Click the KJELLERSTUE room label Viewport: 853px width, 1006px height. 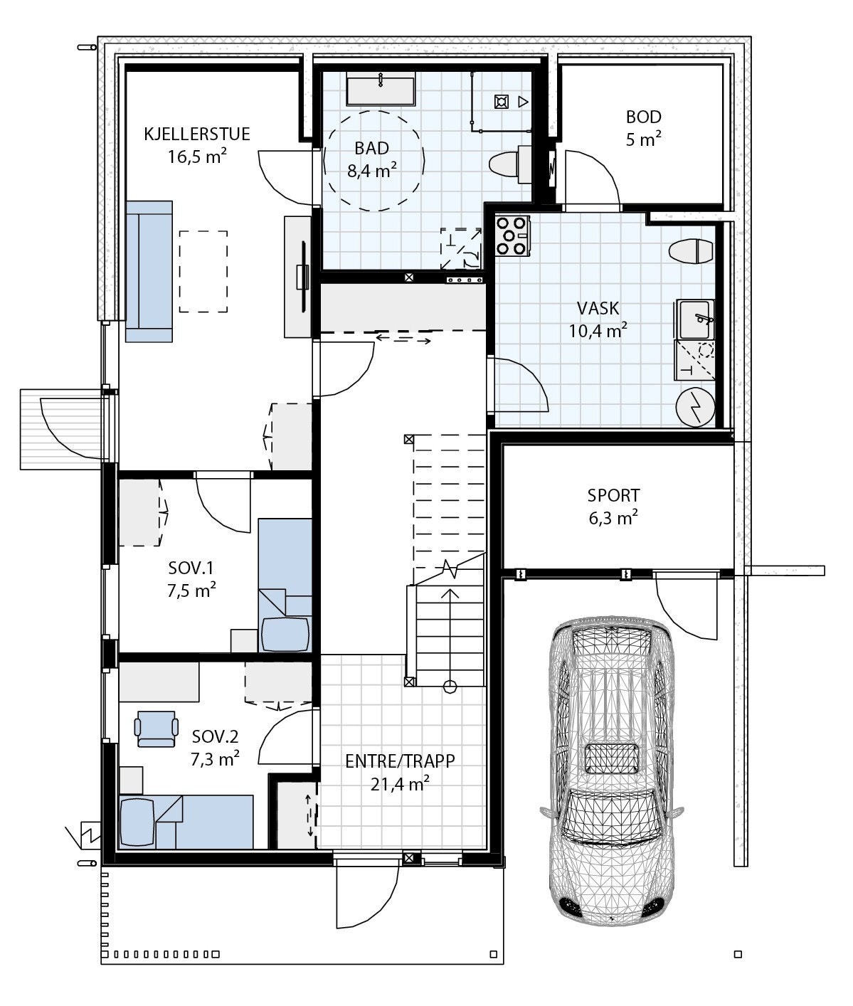click(196, 134)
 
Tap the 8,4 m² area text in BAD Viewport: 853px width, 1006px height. click(372, 171)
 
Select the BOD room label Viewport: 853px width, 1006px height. click(643, 117)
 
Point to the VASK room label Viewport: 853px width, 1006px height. click(598, 308)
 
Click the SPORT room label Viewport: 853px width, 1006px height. click(613, 495)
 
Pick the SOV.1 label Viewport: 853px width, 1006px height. click(191, 568)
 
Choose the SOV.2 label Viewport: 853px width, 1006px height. click(215, 737)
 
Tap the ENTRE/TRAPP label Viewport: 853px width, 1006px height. click(400, 761)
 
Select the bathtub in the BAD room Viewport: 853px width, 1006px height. click(381, 89)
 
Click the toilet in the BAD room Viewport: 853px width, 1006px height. click(509, 164)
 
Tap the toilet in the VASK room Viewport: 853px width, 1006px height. click(691, 252)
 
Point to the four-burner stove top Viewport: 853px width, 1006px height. click(513, 236)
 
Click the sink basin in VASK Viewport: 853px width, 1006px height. click(694, 319)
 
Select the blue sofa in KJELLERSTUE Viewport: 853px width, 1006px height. click(149, 272)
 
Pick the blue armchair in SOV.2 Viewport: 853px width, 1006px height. click(156, 729)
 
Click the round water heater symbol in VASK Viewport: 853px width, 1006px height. click(695, 408)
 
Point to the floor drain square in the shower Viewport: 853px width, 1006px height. click(502, 102)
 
